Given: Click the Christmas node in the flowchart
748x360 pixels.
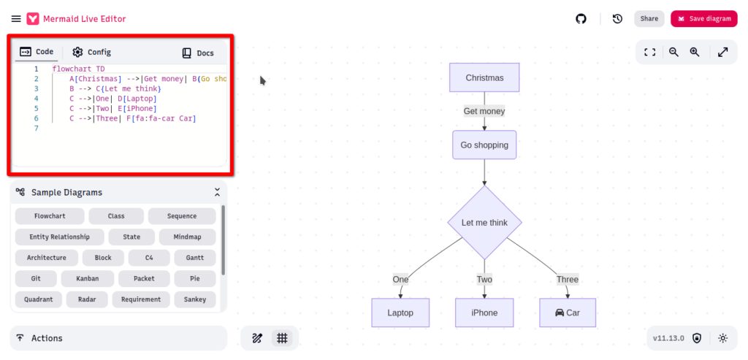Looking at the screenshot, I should (484, 77).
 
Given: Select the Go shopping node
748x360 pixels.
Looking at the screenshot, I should (484, 145).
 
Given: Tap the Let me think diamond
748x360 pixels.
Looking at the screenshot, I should (484, 223).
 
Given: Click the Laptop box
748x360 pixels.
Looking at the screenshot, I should (400, 313).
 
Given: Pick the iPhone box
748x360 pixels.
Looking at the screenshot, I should (484, 313).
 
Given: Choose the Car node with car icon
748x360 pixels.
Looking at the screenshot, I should (568, 313).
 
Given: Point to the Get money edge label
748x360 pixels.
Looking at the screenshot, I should (484, 111).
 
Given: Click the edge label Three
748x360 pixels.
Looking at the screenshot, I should (568, 279).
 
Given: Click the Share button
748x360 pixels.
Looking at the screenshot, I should (649, 19).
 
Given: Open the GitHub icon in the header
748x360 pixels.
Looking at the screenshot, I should (581, 19).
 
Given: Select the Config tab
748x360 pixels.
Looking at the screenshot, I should (92, 52).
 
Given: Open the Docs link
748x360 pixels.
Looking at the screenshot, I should (198, 53).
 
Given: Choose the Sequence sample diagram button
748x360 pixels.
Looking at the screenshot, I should (182, 216).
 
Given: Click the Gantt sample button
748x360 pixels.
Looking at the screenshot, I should (195, 258).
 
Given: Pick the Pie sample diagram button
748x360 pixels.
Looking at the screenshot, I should (195, 278).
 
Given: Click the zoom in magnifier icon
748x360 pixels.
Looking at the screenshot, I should (695, 52).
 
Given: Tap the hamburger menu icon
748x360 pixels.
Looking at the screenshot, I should (16, 19).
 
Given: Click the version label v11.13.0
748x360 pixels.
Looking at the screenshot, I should (668, 338).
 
